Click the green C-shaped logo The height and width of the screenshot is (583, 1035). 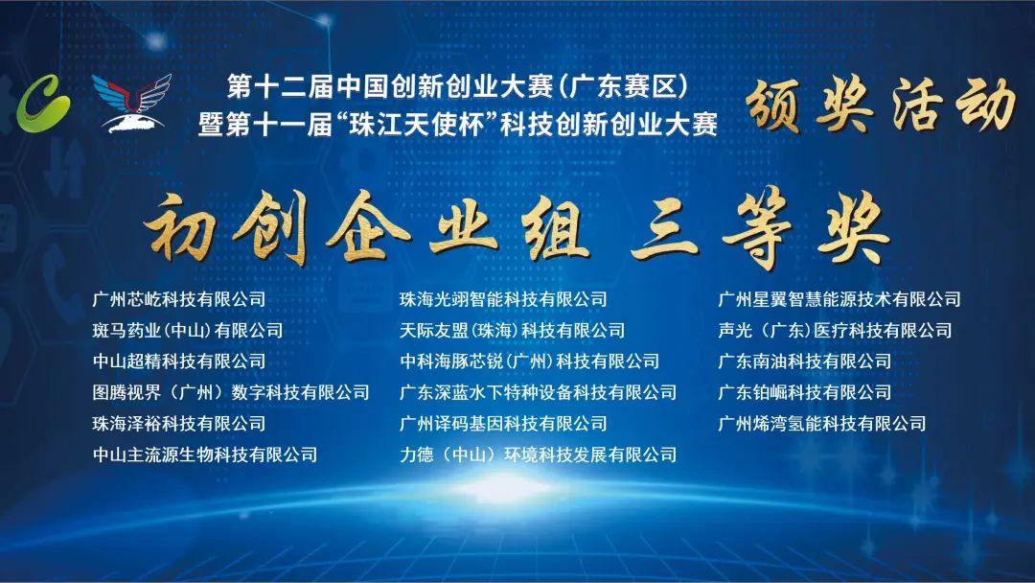point(43,103)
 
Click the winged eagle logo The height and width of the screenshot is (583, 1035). point(131,103)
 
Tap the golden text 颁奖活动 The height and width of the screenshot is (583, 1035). point(880,104)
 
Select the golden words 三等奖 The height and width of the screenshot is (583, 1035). point(759,228)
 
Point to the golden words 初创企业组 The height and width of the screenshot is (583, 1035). point(366,228)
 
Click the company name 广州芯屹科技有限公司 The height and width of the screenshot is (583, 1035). point(179,299)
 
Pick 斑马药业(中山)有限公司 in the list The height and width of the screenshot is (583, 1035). point(188,330)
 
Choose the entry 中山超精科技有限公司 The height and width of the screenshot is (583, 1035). point(179,361)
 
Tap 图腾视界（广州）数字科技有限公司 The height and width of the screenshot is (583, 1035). point(231,392)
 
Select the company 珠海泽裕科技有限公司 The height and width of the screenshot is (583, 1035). point(179,423)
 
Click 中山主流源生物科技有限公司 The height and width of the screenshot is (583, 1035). point(205,455)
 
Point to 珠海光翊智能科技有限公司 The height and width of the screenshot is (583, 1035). point(503,299)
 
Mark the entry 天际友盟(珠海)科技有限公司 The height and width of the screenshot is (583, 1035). point(512,330)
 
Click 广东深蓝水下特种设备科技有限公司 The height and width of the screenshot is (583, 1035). point(538,392)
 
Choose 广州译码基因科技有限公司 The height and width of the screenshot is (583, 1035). point(503,423)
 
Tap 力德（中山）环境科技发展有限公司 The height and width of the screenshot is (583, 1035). point(538,455)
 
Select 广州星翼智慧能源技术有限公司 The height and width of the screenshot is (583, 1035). point(839,299)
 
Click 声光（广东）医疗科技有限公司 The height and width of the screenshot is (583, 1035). point(835,330)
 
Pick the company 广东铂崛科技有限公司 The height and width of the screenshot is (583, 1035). point(805,392)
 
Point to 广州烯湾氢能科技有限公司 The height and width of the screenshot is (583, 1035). point(822,423)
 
